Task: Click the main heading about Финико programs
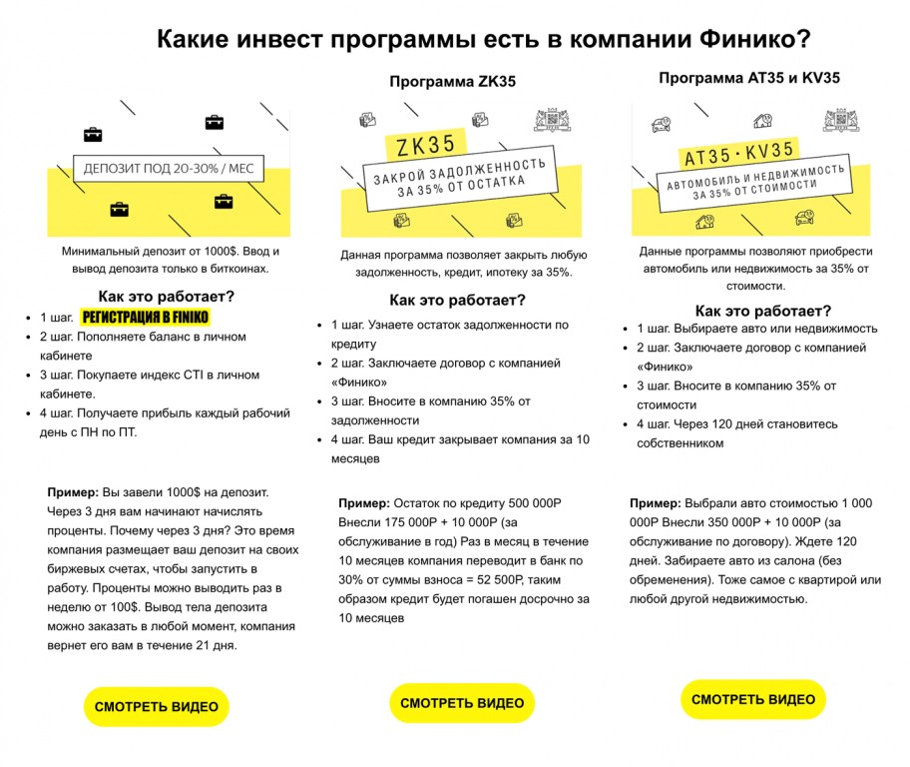(483, 39)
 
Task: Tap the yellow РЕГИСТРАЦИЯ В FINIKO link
(146, 318)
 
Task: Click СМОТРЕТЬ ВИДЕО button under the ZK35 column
(462, 703)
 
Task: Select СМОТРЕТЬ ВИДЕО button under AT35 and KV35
(753, 699)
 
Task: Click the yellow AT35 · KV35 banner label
(738, 153)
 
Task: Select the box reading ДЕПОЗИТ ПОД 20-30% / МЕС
(168, 168)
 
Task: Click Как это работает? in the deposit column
(167, 296)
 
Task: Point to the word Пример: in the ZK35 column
(364, 504)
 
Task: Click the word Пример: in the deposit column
(73, 492)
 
